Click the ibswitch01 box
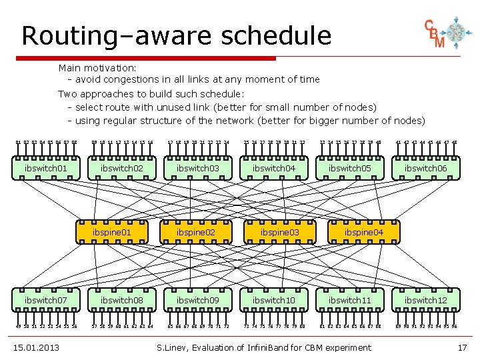46,169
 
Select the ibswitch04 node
274,169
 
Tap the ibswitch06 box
426,169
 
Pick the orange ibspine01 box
111,232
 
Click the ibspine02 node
195,232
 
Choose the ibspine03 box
279,232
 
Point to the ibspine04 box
363,232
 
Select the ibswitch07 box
46,301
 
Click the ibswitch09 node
198,301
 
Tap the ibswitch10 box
274,301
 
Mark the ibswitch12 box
426,301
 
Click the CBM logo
445,33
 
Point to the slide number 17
462,347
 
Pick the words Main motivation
97,67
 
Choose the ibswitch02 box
122,169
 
